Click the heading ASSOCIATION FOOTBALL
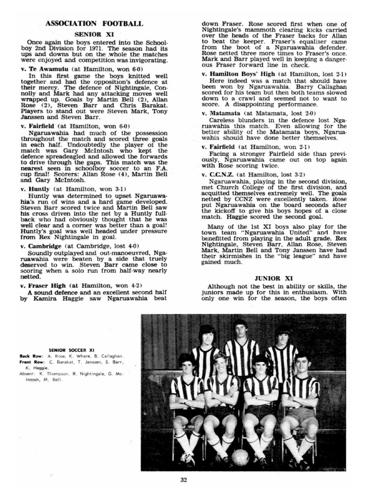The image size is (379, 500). (x=94, y=23)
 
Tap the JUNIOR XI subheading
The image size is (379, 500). (x=274, y=278)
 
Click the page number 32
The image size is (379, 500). (x=184, y=479)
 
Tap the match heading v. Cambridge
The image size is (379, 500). (x=41, y=246)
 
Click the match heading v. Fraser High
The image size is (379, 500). (x=43, y=286)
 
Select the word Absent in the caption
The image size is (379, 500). (x=24, y=374)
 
